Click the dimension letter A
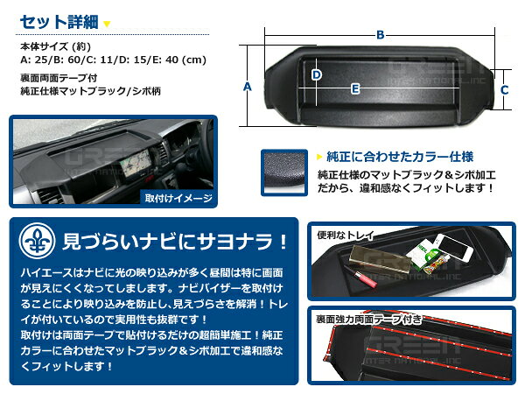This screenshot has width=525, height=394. [248, 87]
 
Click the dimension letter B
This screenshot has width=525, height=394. [380, 34]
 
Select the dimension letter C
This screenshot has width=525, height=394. [505, 89]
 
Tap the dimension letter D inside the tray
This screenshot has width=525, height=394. [316, 74]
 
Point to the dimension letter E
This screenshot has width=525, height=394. [355, 88]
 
